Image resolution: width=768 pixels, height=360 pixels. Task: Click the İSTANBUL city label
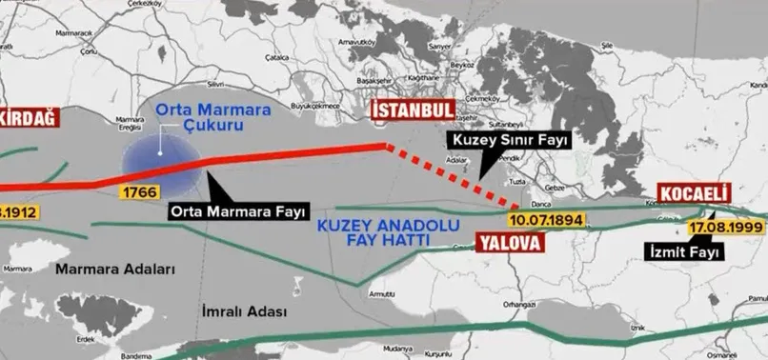click(411, 110)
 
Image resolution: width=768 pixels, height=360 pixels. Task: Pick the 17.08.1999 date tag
click(727, 229)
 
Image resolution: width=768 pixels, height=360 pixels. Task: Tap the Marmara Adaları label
click(116, 270)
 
